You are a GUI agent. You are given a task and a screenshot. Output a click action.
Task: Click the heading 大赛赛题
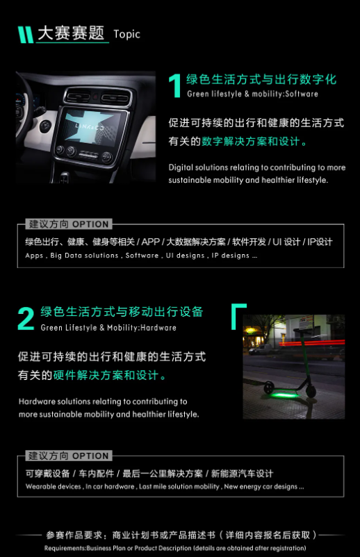tap(71, 33)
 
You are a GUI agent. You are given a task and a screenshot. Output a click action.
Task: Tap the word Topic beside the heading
tap(126, 34)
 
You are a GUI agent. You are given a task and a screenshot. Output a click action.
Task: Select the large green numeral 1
tap(175, 85)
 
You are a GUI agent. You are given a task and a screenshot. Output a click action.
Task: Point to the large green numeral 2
tap(26, 318)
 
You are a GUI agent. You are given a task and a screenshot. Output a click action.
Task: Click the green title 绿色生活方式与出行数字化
tap(261, 79)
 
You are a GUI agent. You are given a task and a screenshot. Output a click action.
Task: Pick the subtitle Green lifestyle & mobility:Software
tap(252, 94)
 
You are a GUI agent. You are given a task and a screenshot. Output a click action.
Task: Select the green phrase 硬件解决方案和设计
tap(106, 376)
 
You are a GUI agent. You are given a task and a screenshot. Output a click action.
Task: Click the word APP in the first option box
tap(150, 242)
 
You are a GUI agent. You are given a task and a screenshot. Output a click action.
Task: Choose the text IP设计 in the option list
tap(320, 242)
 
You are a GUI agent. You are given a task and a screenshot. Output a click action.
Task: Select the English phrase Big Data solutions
tap(84, 256)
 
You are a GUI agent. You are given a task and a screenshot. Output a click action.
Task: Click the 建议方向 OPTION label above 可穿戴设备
tap(68, 456)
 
